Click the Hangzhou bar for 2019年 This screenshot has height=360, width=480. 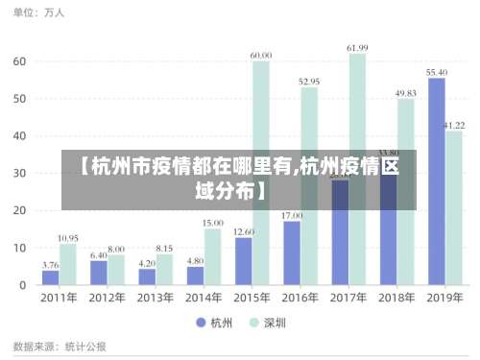[436, 181]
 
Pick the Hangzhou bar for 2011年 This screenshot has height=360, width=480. [50, 277]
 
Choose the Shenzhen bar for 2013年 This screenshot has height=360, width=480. [164, 269]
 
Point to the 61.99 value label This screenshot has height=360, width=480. [357, 48]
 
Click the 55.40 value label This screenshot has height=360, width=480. [437, 72]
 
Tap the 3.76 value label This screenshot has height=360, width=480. [50, 265]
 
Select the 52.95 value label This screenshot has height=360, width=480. [309, 82]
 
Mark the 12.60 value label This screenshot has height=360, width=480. [244, 231]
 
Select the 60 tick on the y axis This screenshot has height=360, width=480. [19, 60]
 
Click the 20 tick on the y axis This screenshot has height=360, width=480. [19, 210]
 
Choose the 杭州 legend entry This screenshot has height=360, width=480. [213, 323]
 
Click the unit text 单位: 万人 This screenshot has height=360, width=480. [39, 13]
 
